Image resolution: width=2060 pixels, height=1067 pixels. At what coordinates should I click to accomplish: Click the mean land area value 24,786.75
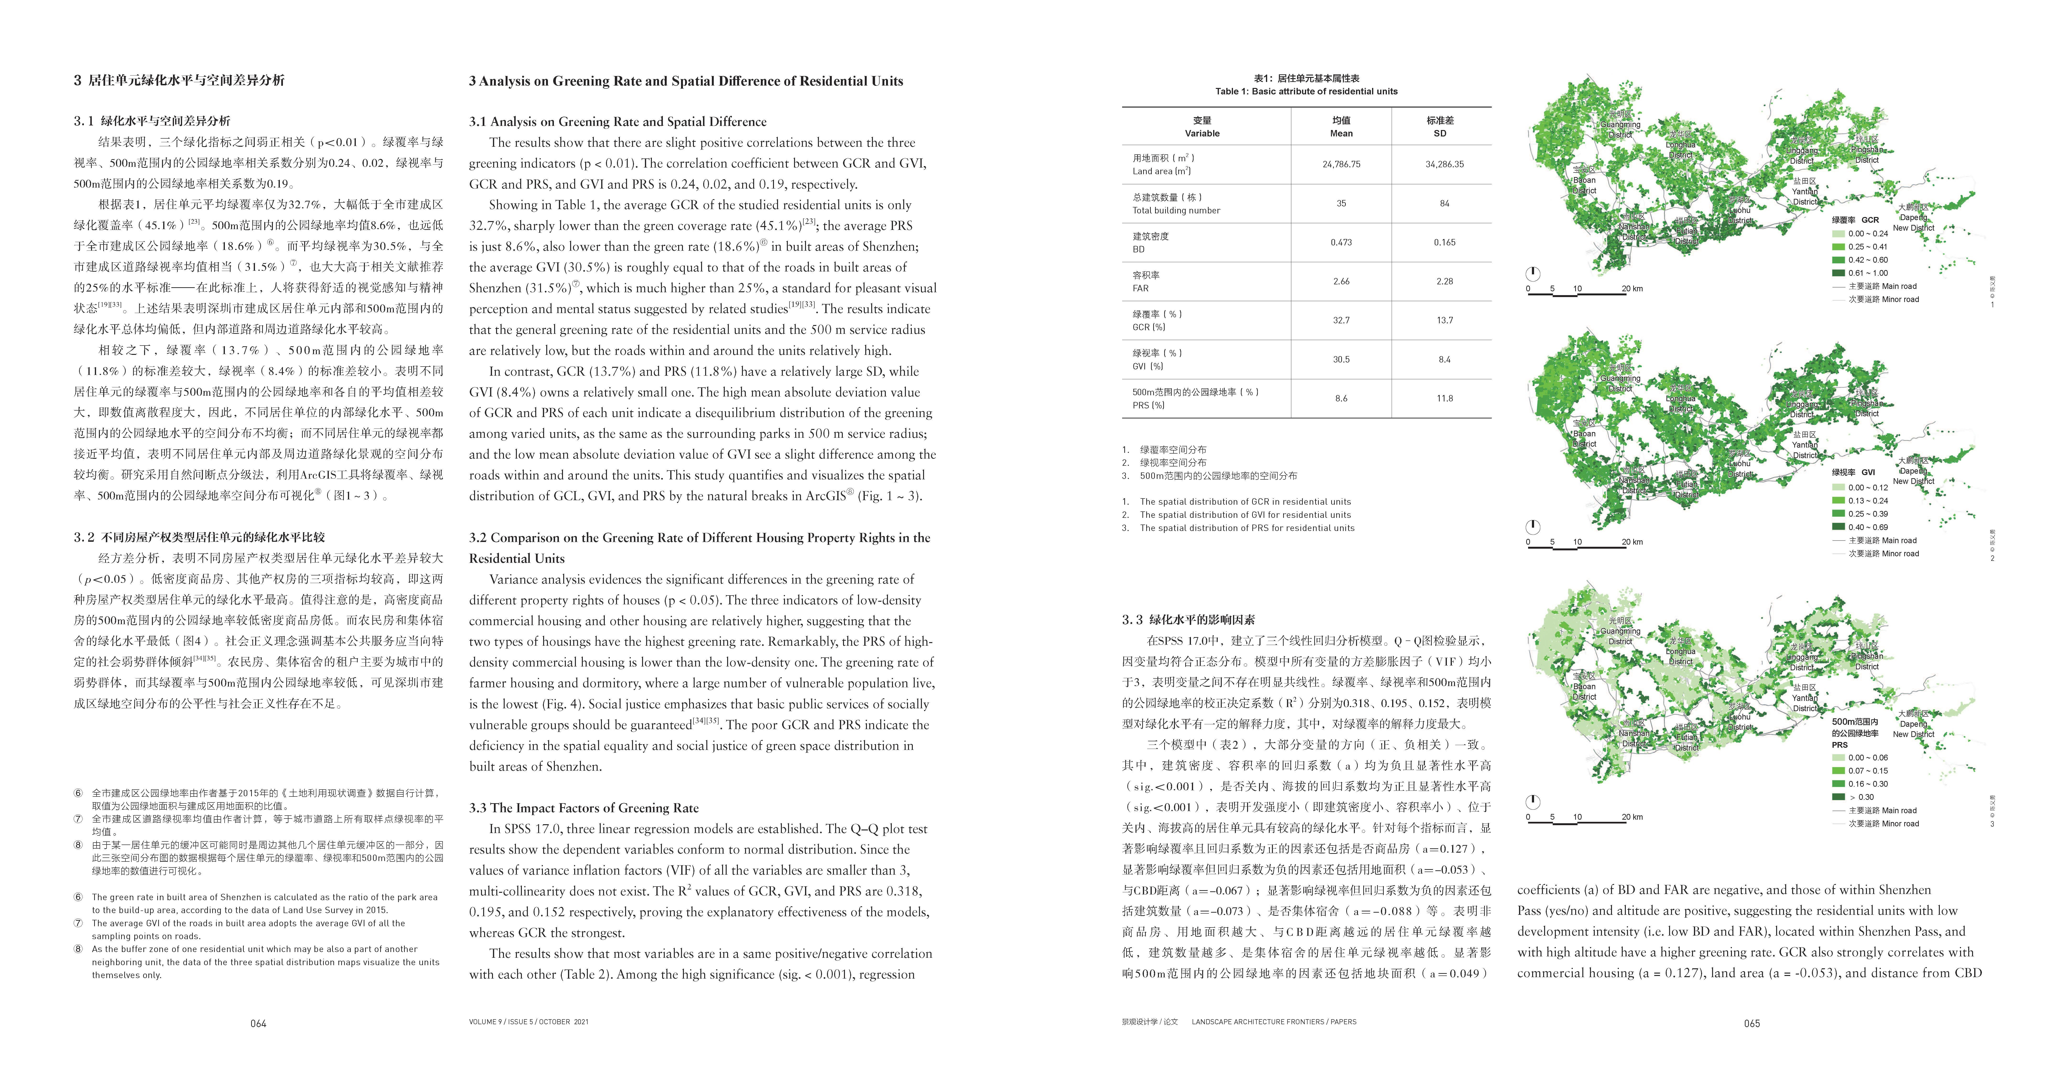click(1341, 164)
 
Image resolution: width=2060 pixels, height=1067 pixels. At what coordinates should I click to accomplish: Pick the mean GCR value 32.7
click(1341, 320)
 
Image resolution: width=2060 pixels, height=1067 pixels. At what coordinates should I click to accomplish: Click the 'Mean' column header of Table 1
click(1341, 134)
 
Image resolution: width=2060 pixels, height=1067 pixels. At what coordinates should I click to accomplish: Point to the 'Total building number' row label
click(1176, 210)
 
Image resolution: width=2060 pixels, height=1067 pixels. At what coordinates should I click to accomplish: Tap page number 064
click(258, 1023)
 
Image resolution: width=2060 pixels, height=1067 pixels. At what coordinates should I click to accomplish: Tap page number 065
click(1751, 1023)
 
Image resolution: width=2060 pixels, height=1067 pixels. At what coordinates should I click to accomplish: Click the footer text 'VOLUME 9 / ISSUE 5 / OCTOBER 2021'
click(529, 1021)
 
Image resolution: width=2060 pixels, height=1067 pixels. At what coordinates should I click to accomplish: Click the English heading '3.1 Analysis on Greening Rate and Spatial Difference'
click(617, 122)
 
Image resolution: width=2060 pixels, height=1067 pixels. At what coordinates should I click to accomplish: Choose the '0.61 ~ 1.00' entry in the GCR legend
click(1867, 273)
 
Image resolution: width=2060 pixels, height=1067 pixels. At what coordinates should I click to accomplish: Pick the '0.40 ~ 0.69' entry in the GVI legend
click(1867, 527)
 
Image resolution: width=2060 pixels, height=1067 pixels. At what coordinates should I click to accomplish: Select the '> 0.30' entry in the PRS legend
click(1861, 797)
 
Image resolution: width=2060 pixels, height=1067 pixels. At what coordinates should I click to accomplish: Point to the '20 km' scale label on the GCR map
click(1632, 289)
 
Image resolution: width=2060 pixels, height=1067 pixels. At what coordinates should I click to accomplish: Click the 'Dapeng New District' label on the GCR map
click(1913, 222)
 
